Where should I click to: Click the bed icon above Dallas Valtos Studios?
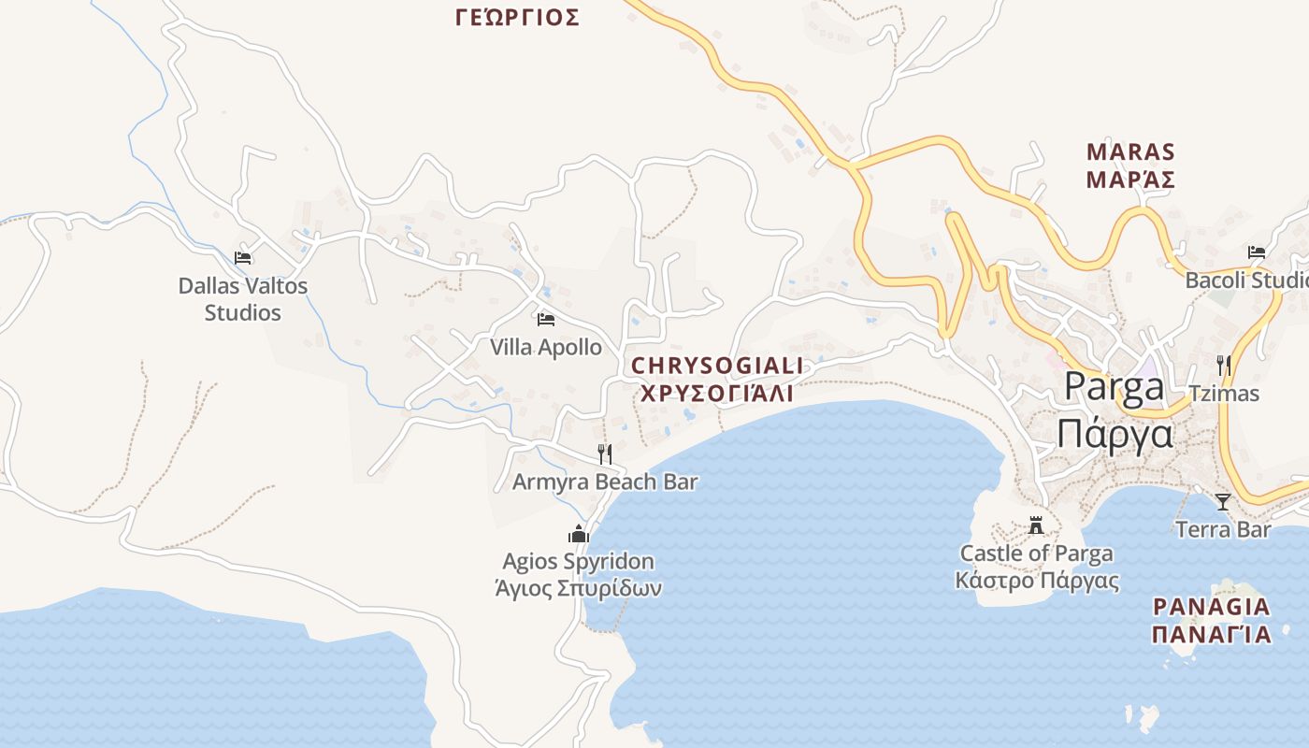243,258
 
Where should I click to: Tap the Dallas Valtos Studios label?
243,299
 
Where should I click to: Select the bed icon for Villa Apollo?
546,320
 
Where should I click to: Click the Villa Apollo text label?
546,347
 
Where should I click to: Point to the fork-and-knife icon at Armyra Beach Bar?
605,454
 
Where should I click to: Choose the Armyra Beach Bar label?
605,482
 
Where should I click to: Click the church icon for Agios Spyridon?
579,535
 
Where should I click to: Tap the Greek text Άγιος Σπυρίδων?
579,589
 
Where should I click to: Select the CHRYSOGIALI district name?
717,365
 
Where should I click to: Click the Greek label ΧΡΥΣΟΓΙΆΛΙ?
717,393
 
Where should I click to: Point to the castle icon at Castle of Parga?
1036,525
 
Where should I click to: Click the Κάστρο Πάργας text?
1037,580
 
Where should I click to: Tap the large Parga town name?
1115,387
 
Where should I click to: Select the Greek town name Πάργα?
1115,434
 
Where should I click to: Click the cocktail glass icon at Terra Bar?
1223,502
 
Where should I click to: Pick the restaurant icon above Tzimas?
1223,366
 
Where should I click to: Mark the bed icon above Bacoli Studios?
1257,252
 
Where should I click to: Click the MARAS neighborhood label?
1130,151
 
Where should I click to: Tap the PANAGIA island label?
1212,607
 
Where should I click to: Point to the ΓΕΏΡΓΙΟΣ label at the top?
517,17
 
